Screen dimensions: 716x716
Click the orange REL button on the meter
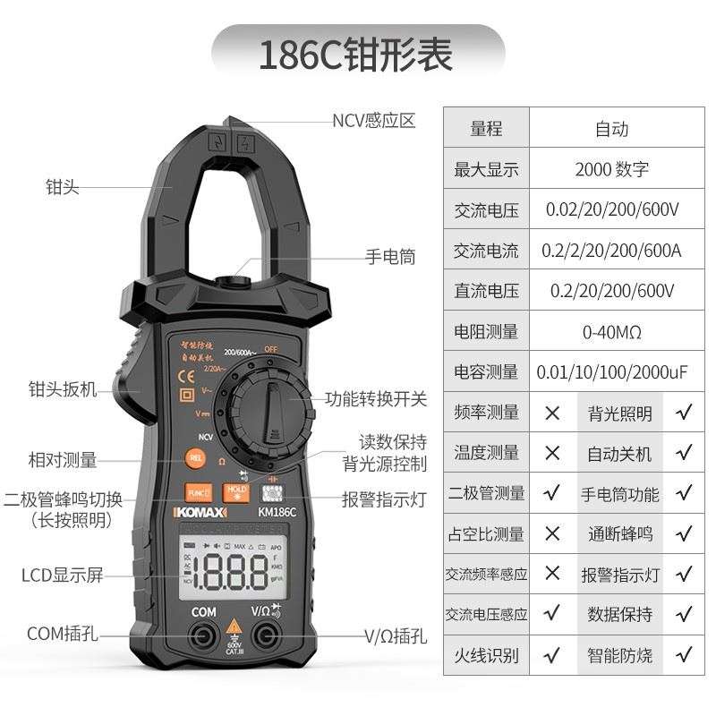click(x=196, y=458)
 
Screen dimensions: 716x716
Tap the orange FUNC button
click(x=197, y=492)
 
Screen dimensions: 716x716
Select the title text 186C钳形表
click(x=356, y=55)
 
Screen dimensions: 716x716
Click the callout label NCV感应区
click(x=374, y=121)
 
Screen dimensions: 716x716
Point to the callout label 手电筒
click(x=390, y=257)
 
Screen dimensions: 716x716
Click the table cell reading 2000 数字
click(x=612, y=168)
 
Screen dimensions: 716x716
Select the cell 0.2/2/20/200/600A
click(x=612, y=251)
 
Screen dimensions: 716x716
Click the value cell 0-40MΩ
click(x=612, y=332)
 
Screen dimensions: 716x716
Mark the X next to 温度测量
click(x=552, y=453)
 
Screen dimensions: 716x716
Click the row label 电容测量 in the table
click(x=486, y=371)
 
